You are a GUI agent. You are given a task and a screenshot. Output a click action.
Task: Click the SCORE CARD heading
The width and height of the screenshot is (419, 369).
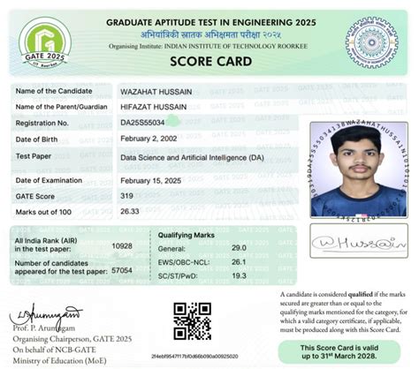click(209, 62)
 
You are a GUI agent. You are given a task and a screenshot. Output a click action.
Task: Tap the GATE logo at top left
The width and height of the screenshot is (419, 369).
click(43, 39)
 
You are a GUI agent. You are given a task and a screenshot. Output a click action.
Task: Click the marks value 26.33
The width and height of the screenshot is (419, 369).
click(130, 211)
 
